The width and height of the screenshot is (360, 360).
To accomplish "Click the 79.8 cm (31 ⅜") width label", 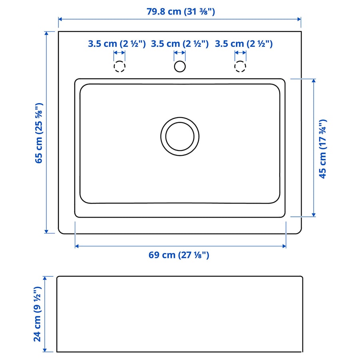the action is coord(181,12).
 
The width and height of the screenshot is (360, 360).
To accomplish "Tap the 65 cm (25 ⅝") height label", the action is coord(39,133).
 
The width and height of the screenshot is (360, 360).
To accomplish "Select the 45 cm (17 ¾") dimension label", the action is coord(322,149).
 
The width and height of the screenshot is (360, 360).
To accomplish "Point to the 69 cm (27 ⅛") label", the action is coord(179,255).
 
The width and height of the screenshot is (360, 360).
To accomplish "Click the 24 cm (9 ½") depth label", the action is coord(38,314).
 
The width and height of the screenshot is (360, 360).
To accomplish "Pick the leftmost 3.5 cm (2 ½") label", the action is coord(117,44).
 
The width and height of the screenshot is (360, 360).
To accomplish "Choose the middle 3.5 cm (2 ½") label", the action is coord(180,44).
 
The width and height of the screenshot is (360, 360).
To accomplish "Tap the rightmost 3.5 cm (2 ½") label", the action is coord(244,44).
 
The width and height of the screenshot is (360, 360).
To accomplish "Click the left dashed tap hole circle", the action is coord(114,66).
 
